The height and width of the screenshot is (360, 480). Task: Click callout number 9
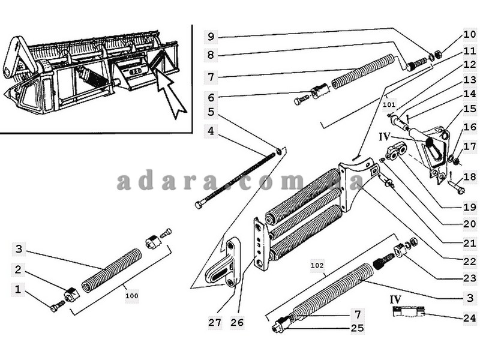coord(211,37)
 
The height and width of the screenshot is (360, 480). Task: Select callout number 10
coord(470,34)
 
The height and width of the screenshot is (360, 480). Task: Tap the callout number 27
coord(215,322)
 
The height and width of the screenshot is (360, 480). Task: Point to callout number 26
coord(237,322)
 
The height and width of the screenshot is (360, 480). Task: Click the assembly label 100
coord(132,296)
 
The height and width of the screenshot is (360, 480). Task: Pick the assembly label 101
coord(389,104)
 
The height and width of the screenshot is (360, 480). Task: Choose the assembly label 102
coord(317,265)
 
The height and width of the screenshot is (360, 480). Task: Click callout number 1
coord(18,289)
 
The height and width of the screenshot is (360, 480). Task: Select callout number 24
coord(470,318)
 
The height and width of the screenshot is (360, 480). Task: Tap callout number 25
coord(357,328)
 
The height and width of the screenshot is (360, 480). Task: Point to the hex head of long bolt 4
coord(199,205)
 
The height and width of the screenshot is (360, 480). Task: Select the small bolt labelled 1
coord(57,306)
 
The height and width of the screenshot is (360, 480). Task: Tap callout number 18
coord(470,176)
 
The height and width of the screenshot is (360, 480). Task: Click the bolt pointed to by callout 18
coord(456,187)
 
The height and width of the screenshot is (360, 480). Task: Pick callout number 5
coord(211,112)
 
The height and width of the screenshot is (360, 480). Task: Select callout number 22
coord(470,261)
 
